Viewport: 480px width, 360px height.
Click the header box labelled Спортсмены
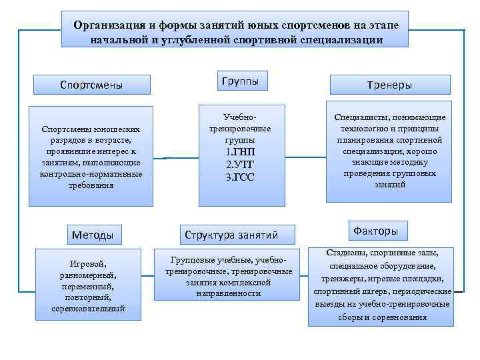[x=91, y=85]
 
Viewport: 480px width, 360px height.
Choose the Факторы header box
[x=376, y=231]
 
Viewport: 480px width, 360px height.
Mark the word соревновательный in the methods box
[x=88, y=309]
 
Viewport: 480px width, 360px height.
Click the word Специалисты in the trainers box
[x=359, y=117]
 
